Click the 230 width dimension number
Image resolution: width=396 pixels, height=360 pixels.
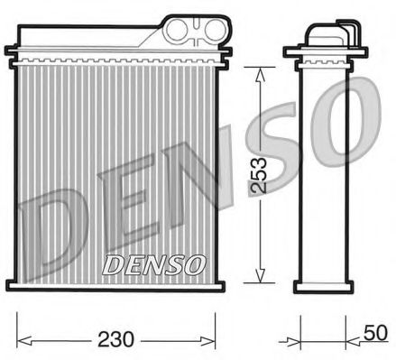(x=117, y=340)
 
